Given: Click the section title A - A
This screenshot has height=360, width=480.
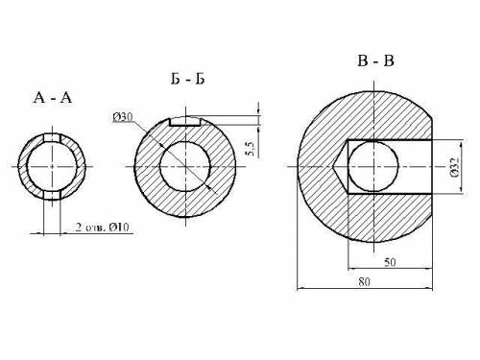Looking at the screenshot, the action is (53, 97).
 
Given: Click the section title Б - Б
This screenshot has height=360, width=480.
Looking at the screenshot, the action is (187, 79).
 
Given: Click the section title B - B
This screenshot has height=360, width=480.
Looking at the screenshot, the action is (375, 60).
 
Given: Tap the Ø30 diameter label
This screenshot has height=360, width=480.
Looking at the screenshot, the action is (123, 117).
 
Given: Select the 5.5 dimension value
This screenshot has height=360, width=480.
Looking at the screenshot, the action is (251, 149).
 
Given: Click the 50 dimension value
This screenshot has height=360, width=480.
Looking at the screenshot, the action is (390, 262).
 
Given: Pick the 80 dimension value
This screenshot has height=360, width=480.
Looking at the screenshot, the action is (364, 282).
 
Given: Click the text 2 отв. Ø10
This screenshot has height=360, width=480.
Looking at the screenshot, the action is (103, 228).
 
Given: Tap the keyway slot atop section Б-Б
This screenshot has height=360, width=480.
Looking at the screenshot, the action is (185, 121).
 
